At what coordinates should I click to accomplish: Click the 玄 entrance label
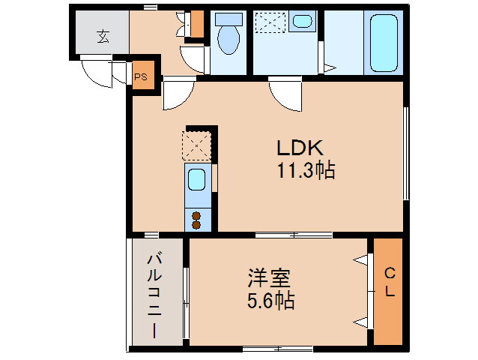tap(101, 35)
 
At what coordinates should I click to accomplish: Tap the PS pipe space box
tap(141, 76)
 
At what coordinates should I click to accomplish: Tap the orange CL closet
tap(389, 291)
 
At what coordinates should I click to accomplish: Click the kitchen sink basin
tap(196, 181)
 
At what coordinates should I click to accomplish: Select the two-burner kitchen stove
tap(196, 219)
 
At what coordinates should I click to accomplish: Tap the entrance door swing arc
tap(96, 73)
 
